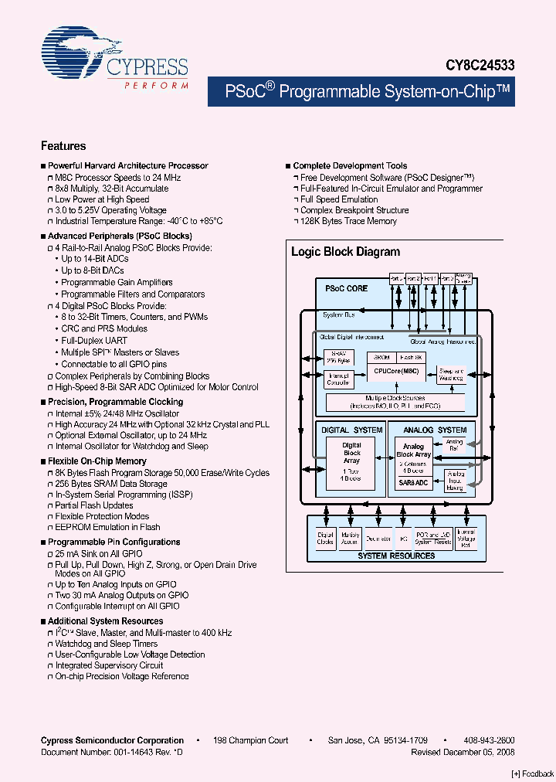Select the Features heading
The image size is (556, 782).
pos(63,146)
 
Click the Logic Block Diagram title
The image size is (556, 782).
pos(345,252)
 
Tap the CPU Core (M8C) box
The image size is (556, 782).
pos(397,370)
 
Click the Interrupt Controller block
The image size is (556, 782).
pos(338,379)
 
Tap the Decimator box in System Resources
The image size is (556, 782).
pos(378,539)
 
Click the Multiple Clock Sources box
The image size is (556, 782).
pos(395,402)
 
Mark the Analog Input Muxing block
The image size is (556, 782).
pos(456,481)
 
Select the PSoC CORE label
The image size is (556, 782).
pos(346,288)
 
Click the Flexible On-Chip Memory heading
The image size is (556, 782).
pos(97,461)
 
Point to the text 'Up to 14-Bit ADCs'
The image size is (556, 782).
pos(95,259)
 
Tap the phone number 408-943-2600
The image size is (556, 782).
pos(490,740)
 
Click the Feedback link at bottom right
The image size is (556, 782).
pos(533,773)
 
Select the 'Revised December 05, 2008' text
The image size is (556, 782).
pos(463,752)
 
